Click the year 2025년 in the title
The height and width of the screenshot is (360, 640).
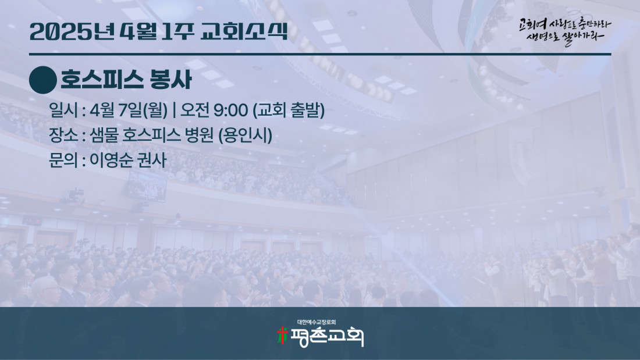(x=72, y=31)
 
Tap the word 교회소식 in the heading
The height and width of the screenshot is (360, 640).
(x=244, y=31)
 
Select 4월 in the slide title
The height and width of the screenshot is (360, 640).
(x=139, y=31)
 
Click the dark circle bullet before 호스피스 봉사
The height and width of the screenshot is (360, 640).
(x=43, y=80)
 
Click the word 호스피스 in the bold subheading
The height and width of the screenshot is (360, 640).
(x=102, y=80)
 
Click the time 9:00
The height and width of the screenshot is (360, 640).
(x=230, y=110)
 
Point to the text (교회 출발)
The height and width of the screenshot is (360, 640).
(x=289, y=110)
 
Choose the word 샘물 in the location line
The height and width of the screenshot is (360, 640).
(x=103, y=135)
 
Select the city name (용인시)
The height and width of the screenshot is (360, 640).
(x=246, y=136)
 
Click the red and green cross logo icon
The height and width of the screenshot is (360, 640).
(x=282, y=335)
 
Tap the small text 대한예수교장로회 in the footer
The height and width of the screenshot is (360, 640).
(x=317, y=322)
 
